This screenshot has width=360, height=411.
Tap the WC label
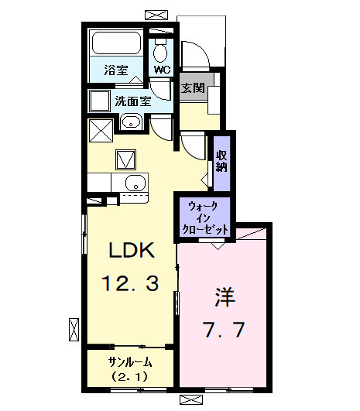(x=161, y=69)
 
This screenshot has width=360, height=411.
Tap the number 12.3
(x=131, y=284)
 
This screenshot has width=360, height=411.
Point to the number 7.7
(x=225, y=331)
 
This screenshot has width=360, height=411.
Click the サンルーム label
(x=130, y=362)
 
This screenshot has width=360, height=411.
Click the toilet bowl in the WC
(x=160, y=52)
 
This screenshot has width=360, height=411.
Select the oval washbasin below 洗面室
(x=130, y=122)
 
